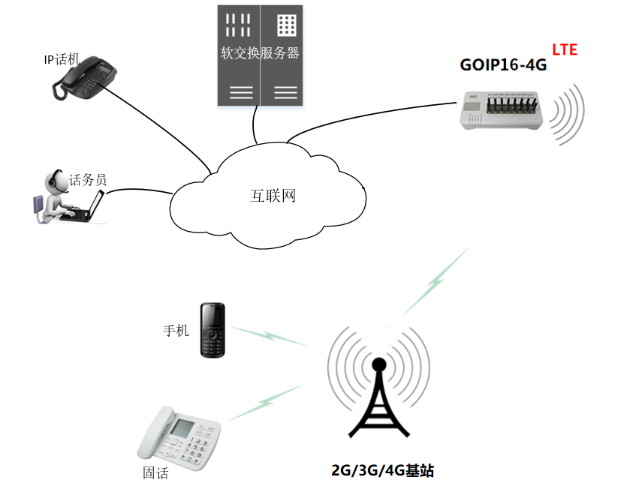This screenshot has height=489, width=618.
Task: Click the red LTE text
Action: pos(565,50)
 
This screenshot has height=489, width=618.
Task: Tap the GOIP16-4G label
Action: pos(503,65)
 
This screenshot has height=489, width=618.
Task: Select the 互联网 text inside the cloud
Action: pos(273,196)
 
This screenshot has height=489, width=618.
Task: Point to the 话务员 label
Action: pos(88,180)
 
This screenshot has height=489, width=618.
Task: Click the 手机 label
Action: pos(176,330)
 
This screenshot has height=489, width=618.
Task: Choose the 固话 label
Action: pos(155,473)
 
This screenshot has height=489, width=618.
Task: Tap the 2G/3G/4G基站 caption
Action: pos(383,471)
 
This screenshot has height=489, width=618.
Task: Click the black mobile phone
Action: pos(213,330)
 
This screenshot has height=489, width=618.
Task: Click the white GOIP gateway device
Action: pos(502,109)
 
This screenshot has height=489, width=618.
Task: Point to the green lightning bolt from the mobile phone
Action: pos(268,335)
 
